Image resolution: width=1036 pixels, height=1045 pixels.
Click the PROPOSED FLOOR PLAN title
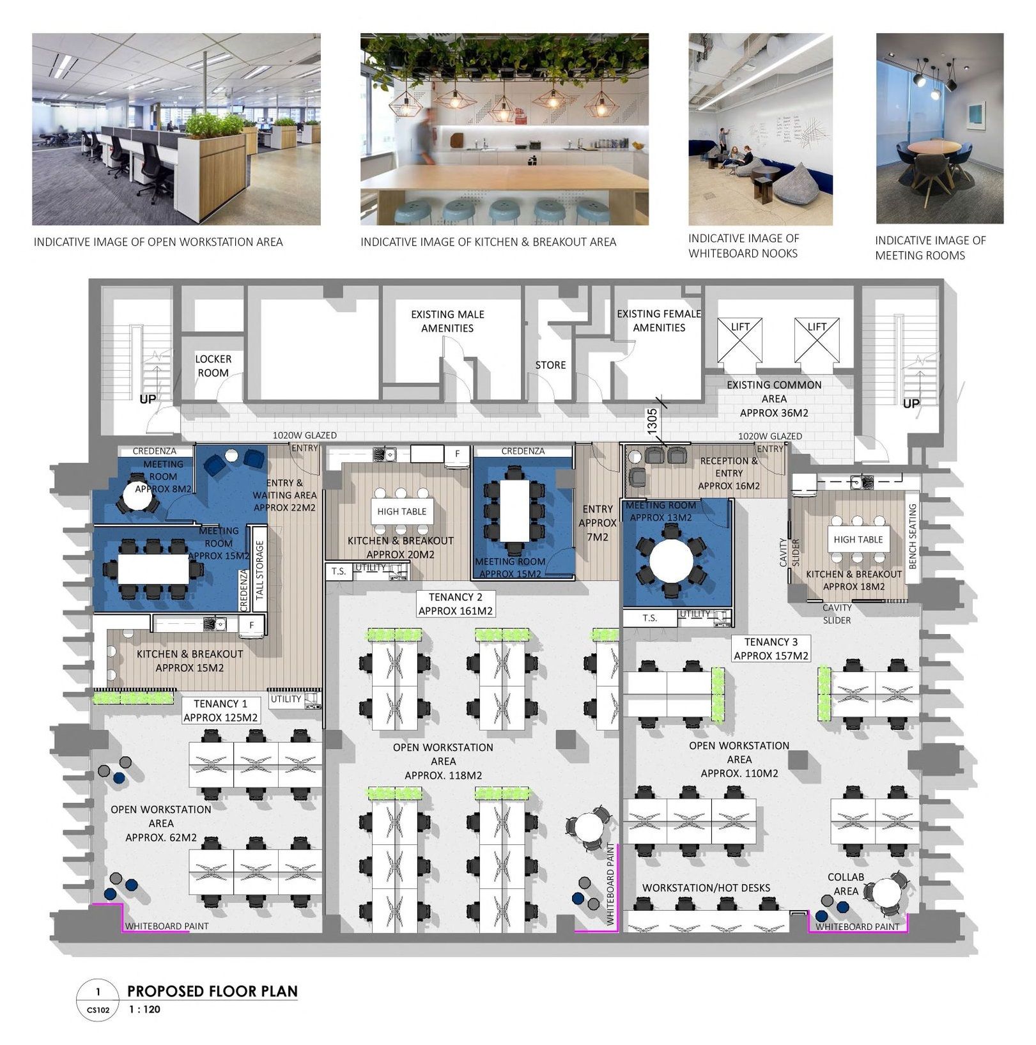[212, 991]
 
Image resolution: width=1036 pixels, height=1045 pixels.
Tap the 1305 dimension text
[652, 422]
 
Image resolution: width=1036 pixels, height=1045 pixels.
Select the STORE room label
[550, 365]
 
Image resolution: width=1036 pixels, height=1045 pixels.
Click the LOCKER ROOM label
[213, 366]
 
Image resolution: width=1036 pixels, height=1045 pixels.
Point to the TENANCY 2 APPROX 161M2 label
[456, 604]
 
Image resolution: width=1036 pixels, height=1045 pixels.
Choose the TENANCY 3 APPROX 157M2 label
[771, 649]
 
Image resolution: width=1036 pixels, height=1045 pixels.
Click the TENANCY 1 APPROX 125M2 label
[220, 711]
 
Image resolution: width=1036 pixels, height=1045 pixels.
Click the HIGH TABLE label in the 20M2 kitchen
[401, 511]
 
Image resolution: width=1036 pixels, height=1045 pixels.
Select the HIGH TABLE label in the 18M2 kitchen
[858, 539]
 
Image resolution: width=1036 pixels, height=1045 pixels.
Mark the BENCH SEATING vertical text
[913, 536]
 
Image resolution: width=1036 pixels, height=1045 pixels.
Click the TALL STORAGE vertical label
[259, 570]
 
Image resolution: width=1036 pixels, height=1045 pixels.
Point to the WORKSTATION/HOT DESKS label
[706, 888]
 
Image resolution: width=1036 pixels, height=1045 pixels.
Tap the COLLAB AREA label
[846, 884]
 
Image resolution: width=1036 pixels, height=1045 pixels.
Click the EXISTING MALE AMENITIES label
[447, 321]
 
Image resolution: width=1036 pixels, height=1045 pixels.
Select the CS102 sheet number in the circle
[98, 1010]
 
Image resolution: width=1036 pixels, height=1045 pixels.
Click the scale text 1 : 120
[144, 1010]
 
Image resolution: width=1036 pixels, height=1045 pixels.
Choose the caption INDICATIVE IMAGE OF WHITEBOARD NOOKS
[743, 245]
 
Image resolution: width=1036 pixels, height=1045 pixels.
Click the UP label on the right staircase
[911, 403]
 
